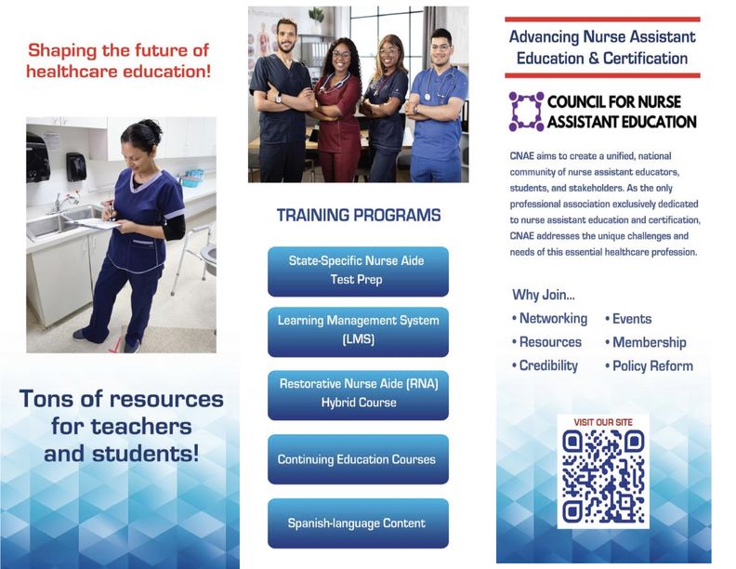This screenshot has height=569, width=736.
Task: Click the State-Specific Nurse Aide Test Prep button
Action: point(358,271)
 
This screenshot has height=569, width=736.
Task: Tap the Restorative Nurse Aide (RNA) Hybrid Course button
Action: point(358,394)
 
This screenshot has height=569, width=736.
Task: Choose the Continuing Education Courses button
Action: point(358,459)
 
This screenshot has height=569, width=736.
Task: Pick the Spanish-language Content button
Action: point(358,523)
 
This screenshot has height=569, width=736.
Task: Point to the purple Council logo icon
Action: point(526,112)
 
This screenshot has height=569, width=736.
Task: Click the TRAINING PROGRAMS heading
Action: point(358,216)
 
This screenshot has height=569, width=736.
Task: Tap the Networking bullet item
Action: point(550,319)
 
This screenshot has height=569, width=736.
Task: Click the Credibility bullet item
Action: point(545,366)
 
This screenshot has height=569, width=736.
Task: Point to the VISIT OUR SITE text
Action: point(603,422)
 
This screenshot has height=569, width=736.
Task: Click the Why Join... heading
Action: point(544,295)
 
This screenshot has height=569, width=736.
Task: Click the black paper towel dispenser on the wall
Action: point(75,166)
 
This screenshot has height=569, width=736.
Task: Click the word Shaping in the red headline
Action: point(64,50)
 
